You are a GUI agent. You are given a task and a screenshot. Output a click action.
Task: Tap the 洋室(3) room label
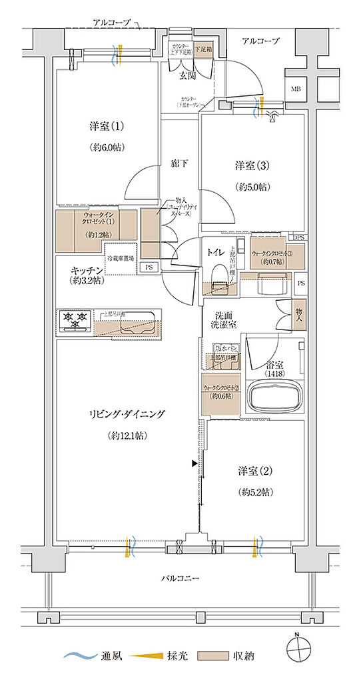coord(251,165)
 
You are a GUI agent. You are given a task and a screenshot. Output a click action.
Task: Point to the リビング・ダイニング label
coord(127,414)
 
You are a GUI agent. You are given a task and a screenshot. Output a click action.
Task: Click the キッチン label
coord(86,271)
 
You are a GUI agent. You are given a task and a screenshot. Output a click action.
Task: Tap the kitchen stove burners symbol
coord(75,321)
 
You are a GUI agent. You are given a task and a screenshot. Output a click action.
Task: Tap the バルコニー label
coord(181,578)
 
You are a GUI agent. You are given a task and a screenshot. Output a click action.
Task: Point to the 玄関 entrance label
coord(186,75)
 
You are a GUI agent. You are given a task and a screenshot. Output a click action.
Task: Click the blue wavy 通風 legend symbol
coord(79,656)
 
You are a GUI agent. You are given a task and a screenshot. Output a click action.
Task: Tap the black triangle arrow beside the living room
coord(194,463)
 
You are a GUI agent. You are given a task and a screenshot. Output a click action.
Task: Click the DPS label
coord(300,237)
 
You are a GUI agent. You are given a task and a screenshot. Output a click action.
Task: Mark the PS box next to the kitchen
coord(147,267)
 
